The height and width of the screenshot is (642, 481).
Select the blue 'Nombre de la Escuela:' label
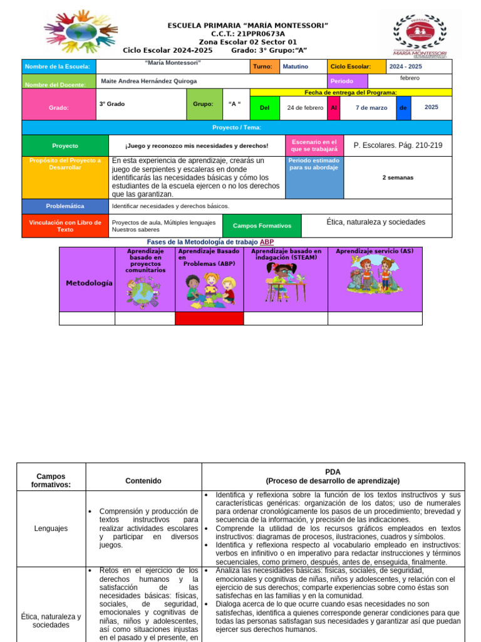pyautogui.click(x=59, y=66)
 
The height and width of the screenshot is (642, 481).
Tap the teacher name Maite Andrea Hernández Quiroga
pyautogui.click(x=148, y=81)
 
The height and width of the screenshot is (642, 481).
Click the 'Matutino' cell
pyautogui.click(x=295, y=66)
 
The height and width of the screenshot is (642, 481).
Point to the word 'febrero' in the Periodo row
pyautogui.click(x=410, y=78)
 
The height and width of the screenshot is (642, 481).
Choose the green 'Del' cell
pyautogui.click(x=264, y=107)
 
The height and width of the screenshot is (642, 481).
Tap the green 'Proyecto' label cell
pyautogui.click(x=65, y=145)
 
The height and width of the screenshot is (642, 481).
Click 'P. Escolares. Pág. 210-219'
pyautogui.click(x=398, y=145)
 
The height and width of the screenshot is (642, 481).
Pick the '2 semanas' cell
pyautogui.click(x=398, y=177)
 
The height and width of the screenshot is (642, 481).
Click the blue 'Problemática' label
pyautogui.click(x=65, y=206)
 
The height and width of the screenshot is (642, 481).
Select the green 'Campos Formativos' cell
pyautogui.click(x=262, y=226)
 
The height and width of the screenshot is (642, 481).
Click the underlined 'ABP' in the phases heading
pyautogui.click(x=267, y=242)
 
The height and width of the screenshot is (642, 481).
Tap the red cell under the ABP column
pyautogui.click(x=209, y=318)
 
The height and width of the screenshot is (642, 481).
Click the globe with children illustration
pyautogui.click(x=143, y=292)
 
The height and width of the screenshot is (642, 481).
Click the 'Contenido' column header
pyautogui.click(x=143, y=481)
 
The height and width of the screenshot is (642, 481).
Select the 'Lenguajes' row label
pyautogui.click(x=51, y=529)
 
